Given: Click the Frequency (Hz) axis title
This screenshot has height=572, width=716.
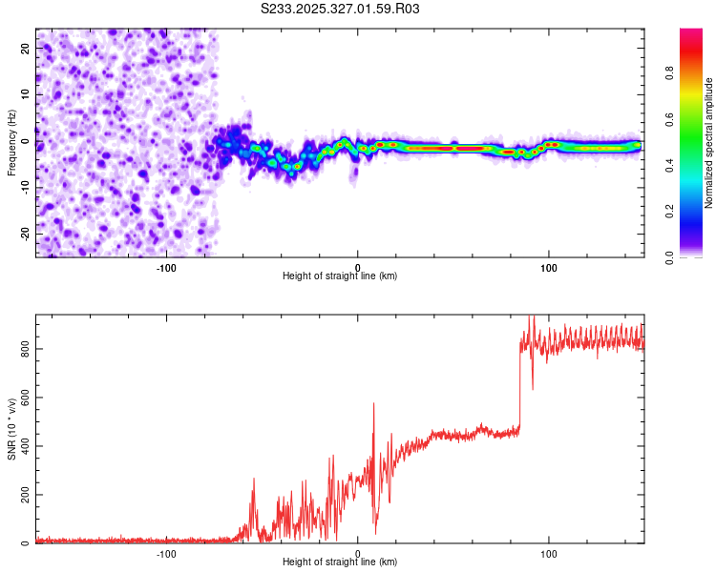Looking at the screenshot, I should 12,142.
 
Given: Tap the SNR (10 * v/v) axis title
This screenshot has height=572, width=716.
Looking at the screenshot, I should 12,429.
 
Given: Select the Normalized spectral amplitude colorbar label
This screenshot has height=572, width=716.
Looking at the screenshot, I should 709,143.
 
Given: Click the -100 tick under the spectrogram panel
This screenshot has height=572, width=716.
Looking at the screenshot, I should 167,267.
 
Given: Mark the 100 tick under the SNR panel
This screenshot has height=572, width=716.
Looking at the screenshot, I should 549,553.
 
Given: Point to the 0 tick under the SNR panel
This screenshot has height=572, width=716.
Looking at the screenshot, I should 358,553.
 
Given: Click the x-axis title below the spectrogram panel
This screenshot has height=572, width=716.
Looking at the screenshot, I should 340,276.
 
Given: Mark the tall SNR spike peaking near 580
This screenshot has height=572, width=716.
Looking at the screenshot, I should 373,405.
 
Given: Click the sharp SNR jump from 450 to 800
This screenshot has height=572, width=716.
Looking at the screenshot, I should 520,381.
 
